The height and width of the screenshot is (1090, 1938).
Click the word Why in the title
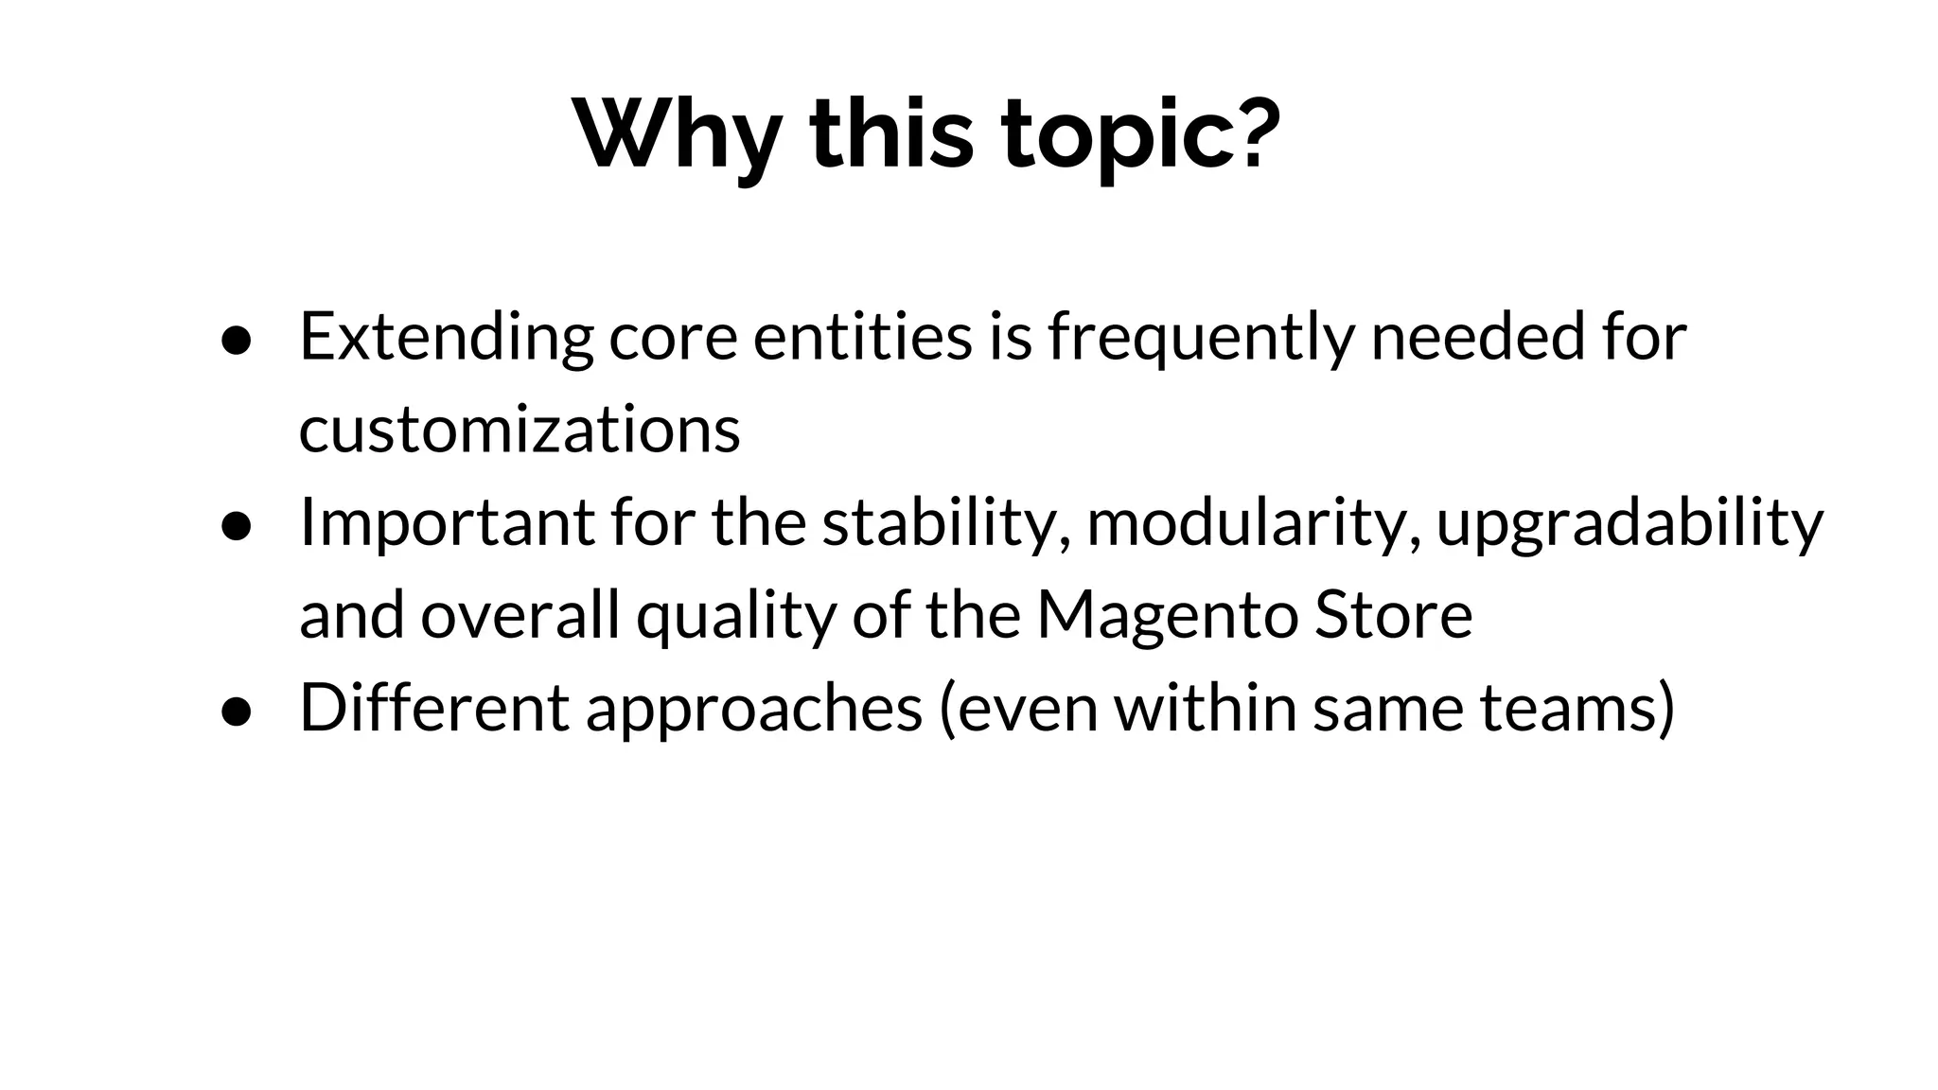click(x=677, y=134)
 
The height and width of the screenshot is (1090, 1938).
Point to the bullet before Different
click(x=236, y=712)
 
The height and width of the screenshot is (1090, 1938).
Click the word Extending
click(x=446, y=338)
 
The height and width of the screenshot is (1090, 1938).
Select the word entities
click(x=862, y=336)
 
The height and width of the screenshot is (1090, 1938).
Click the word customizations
click(x=520, y=430)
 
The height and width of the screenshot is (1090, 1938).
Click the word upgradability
click(x=1629, y=523)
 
